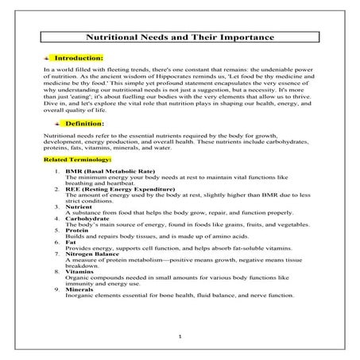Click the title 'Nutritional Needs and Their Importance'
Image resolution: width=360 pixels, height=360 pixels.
coord(179,37)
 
